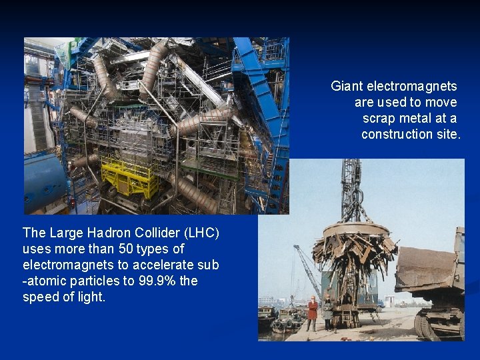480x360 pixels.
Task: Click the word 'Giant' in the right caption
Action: [347, 86]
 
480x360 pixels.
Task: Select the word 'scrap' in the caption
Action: [377, 118]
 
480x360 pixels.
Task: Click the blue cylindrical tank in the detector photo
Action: [44, 183]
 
